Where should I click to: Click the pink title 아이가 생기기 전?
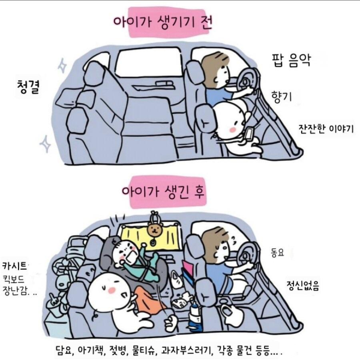pyautogui.click(x=161, y=23)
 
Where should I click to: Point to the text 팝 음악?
pyautogui.click(x=295, y=59)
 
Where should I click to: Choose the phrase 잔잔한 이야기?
pyautogui.click(x=326, y=129)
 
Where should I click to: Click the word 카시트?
pyautogui.click(x=16, y=266)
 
